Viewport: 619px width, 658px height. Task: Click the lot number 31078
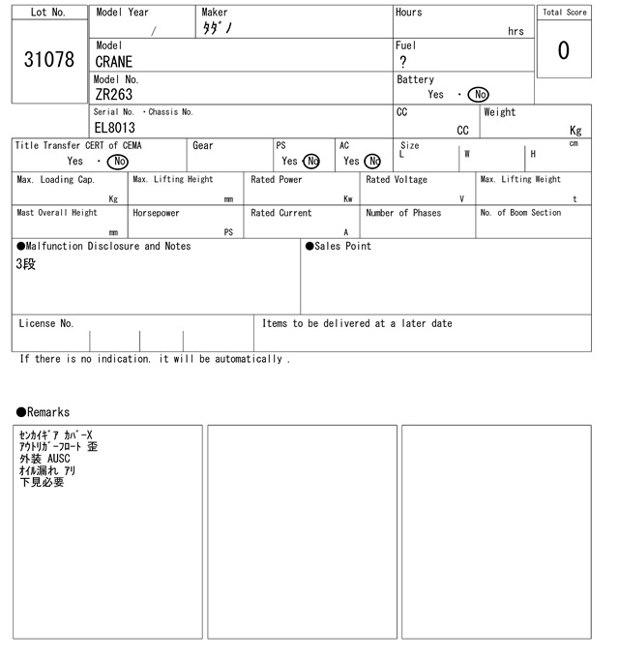48,60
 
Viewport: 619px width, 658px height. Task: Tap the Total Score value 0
563,50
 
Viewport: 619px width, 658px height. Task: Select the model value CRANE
114,62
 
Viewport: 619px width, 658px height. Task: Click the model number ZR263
114,95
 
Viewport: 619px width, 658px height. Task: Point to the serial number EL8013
115,128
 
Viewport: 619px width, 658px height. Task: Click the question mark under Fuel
402,62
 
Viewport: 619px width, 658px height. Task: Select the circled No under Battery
478,95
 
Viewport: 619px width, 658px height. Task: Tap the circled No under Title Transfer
117,162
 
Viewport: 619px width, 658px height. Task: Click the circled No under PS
311,162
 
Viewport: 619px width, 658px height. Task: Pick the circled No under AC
372,162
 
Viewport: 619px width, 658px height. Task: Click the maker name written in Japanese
218,29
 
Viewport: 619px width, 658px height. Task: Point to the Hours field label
408,13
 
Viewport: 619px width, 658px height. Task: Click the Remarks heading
43,412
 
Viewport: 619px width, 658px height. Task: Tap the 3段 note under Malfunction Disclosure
26,264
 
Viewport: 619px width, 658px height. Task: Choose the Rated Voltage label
397,180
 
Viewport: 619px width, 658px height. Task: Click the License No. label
45,323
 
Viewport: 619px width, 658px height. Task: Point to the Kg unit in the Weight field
575,130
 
